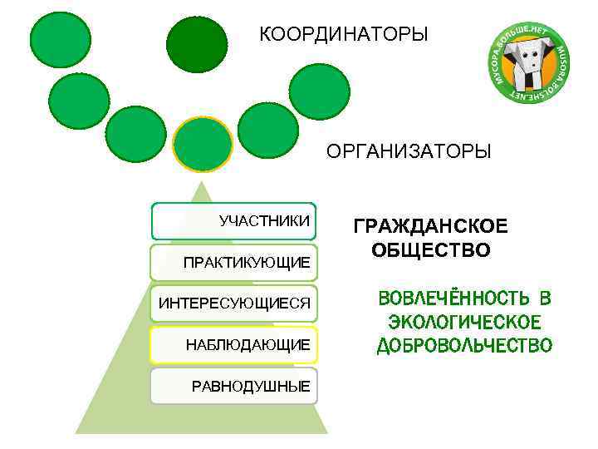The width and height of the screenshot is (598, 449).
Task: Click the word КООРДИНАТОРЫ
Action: (343, 34)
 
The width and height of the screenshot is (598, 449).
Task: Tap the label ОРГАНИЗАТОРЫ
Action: (409, 152)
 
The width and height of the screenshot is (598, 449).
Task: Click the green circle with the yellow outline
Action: (203, 143)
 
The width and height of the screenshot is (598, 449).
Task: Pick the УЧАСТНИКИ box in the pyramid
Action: (233, 221)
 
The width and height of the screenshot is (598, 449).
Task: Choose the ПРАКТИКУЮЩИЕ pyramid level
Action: (233, 262)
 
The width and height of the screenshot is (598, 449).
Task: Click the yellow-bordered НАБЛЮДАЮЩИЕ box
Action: (233, 344)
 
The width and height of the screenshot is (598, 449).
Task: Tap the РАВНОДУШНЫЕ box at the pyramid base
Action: (233, 385)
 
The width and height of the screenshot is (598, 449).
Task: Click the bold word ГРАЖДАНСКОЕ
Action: (431, 227)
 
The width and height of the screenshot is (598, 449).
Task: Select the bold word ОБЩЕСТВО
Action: (431, 250)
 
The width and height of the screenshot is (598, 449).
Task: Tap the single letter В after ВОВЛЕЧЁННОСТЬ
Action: (544, 299)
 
